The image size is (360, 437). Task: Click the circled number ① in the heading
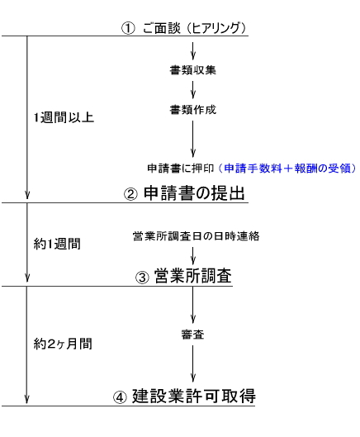(128, 28)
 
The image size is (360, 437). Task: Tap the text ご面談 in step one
(162, 28)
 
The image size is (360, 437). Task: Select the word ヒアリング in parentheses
(216, 28)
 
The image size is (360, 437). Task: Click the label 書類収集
(193, 70)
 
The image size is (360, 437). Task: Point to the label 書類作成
(193, 110)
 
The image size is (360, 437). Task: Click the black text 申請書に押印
(181, 169)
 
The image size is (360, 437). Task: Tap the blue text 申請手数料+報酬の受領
(287, 169)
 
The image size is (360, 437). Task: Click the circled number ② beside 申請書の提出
(130, 193)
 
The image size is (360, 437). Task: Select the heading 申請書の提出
(194, 192)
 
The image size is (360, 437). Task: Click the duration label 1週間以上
(64, 117)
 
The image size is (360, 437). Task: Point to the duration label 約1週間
(57, 244)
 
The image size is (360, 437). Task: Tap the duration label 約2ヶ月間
(63, 344)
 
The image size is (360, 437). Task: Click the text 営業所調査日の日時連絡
(197, 236)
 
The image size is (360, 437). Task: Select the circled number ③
(142, 278)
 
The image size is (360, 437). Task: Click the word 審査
(193, 335)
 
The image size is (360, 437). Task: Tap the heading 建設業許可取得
(194, 396)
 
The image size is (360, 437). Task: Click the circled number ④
(120, 397)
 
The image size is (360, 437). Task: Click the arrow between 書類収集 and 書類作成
(193, 90)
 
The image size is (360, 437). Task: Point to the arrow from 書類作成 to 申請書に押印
(193, 139)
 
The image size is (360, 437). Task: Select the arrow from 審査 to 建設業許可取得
(193, 363)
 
